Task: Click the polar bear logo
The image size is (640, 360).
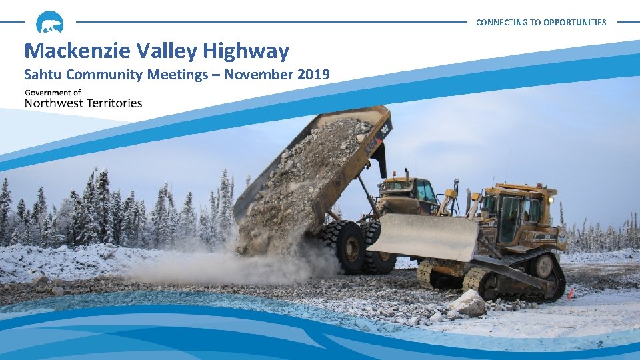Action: click(x=50, y=22)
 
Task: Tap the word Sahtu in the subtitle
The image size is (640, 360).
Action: click(x=42, y=75)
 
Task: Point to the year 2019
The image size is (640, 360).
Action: click(x=311, y=75)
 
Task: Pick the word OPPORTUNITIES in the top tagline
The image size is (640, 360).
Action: click(x=575, y=22)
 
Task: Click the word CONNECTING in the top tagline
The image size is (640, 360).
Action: click(x=499, y=22)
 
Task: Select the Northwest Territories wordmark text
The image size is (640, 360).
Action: click(x=83, y=103)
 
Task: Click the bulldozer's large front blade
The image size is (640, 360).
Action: click(x=423, y=236)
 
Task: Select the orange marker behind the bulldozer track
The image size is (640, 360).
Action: click(x=570, y=292)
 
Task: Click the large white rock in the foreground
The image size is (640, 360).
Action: click(x=469, y=303)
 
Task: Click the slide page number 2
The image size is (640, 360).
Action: click(x=600, y=345)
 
